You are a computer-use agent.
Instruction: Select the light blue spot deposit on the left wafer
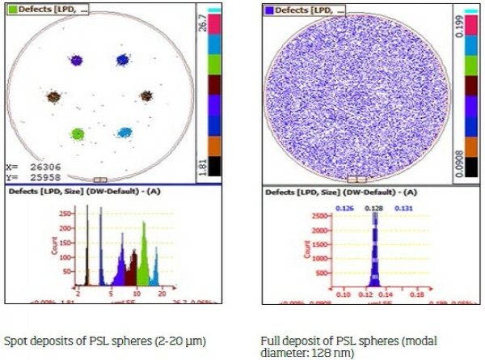pyautogui.click(x=124, y=132)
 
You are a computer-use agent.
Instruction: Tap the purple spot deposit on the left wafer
pyautogui.click(x=76, y=60)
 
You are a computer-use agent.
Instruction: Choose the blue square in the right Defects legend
pyautogui.click(x=269, y=11)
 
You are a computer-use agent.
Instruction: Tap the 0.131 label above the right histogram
pyautogui.click(x=404, y=208)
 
